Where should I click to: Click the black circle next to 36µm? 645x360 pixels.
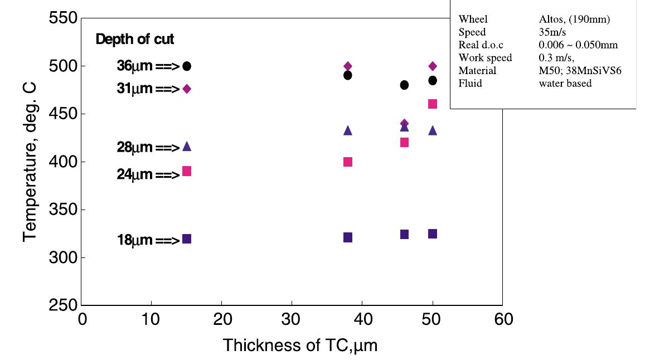click(187, 66)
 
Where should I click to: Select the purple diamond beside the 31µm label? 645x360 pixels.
click(187, 89)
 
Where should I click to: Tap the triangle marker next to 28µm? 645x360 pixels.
click(187, 147)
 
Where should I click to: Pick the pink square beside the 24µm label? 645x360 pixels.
click(187, 171)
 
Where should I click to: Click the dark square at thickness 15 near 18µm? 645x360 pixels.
click(187, 239)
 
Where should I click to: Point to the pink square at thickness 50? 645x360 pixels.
click(433, 104)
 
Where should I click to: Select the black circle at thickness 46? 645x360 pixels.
click(404, 85)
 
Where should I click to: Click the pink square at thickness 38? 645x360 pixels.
click(348, 162)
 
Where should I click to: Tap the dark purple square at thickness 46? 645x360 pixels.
click(404, 234)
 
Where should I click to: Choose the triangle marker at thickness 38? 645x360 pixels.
click(348, 130)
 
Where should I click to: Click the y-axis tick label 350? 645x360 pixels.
click(61, 210)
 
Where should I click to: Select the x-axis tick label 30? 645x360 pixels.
click(292, 319)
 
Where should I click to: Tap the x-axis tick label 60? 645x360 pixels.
click(502, 319)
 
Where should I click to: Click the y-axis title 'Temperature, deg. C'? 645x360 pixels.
click(30, 162)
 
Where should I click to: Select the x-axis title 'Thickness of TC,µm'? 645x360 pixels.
click(300, 346)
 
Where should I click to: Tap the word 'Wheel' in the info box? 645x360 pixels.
click(473, 20)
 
